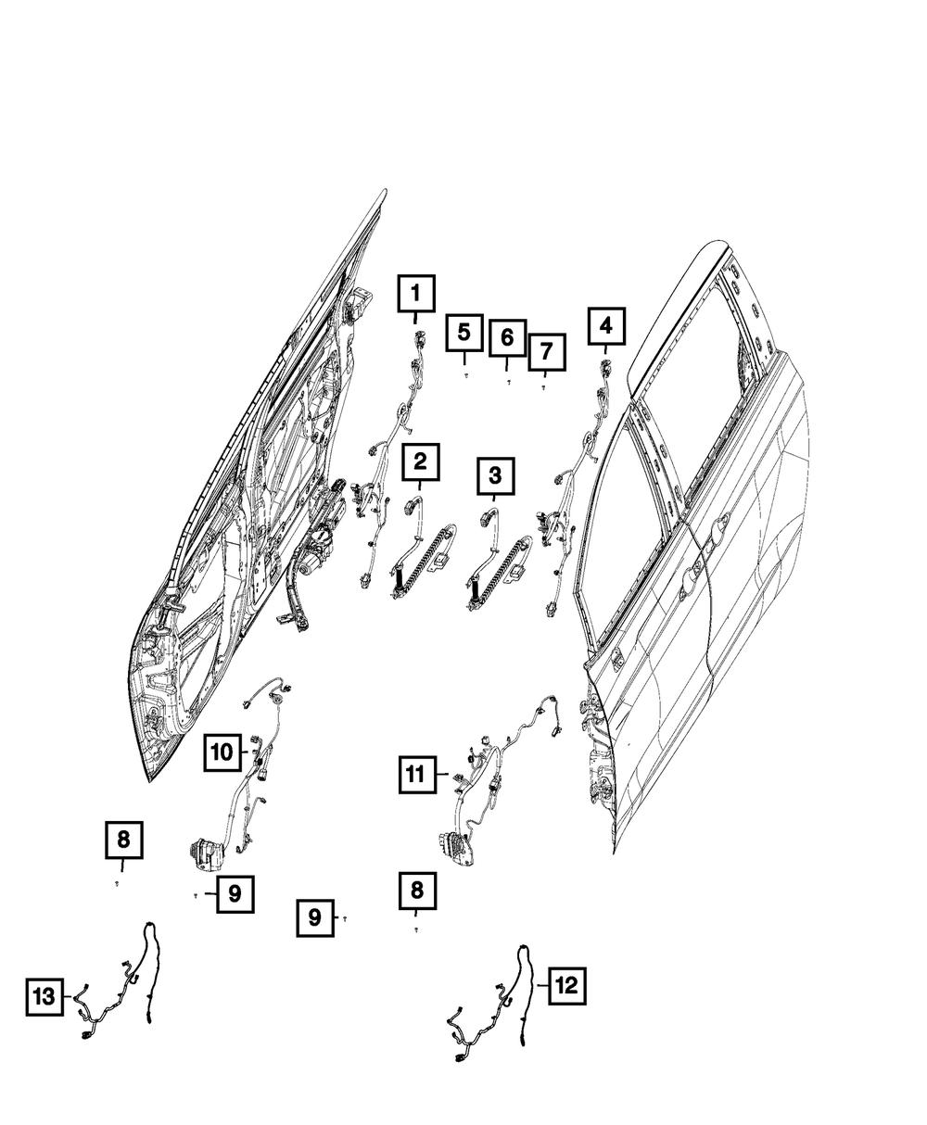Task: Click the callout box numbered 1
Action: (x=416, y=295)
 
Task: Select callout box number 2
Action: (x=420, y=461)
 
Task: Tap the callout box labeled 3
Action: (x=495, y=476)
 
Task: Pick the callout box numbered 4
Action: (x=605, y=326)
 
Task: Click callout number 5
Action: (x=464, y=333)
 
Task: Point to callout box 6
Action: (x=507, y=338)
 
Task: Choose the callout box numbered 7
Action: (x=546, y=351)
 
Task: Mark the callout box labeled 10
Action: (x=222, y=752)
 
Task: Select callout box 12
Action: (x=566, y=986)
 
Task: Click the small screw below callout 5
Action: (x=466, y=375)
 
